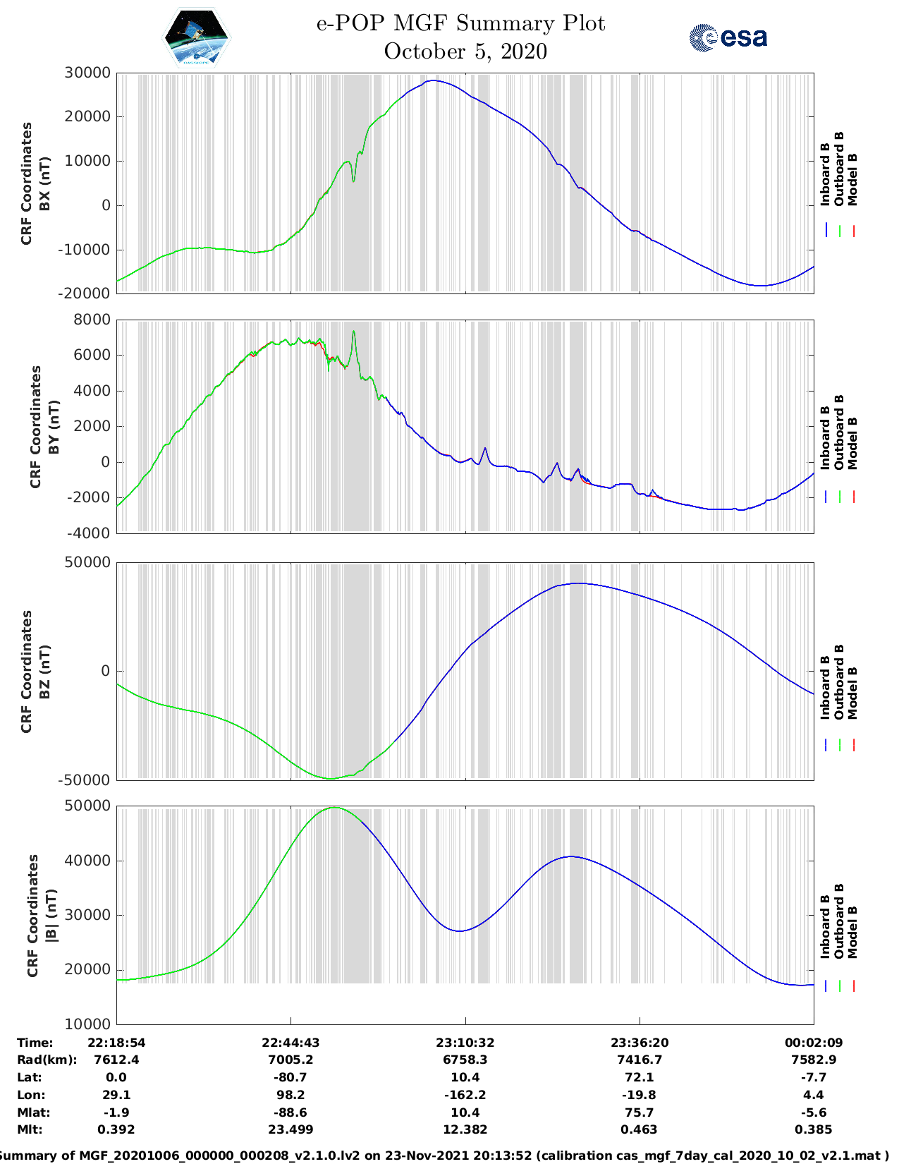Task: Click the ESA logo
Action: tap(728, 37)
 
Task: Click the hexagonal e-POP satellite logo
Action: tap(197, 37)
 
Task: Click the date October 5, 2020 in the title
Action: tap(465, 51)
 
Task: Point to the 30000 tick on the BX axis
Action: tap(87, 73)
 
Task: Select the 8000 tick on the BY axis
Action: tap(92, 320)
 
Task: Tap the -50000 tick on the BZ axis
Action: tap(85, 780)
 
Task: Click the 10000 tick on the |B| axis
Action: tap(87, 1024)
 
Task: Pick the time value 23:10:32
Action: tap(465, 1042)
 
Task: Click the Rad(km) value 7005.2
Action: tap(291, 1060)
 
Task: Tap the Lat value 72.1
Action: tap(639, 1077)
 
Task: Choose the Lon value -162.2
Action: tap(465, 1095)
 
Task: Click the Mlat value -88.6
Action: tap(291, 1113)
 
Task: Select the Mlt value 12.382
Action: tap(465, 1129)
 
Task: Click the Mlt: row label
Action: tap(30, 1129)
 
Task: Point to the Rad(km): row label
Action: tap(47, 1060)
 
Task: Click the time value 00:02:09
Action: tap(814, 1042)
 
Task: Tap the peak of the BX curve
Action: tap(434, 80)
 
